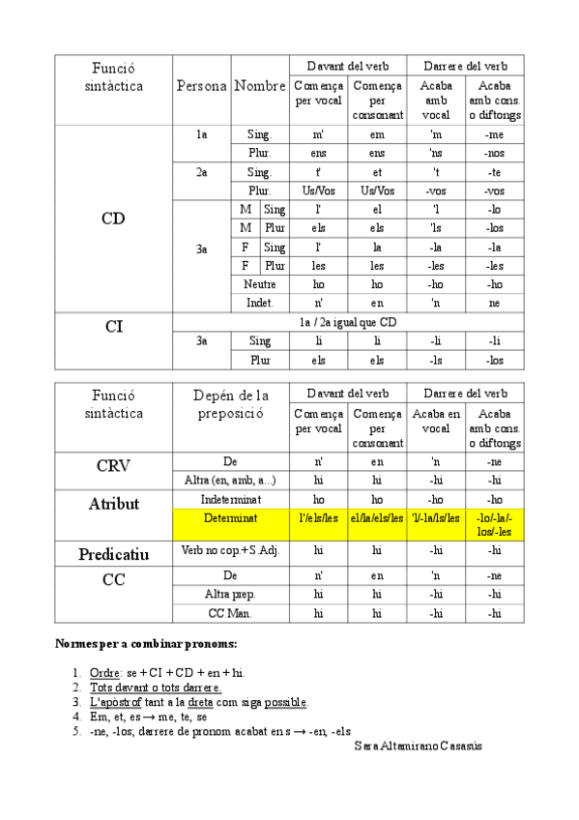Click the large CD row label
pos(113,219)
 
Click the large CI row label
pos(113,327)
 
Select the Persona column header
pos(201,86)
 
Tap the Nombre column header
pos(260,86)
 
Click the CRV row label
pos(113,466)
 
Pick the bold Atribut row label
pos(113,504)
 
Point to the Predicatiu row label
pos(113,554)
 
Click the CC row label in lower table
pos(113,580)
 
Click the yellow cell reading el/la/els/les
pos(377,517)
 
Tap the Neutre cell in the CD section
pos(260,284)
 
